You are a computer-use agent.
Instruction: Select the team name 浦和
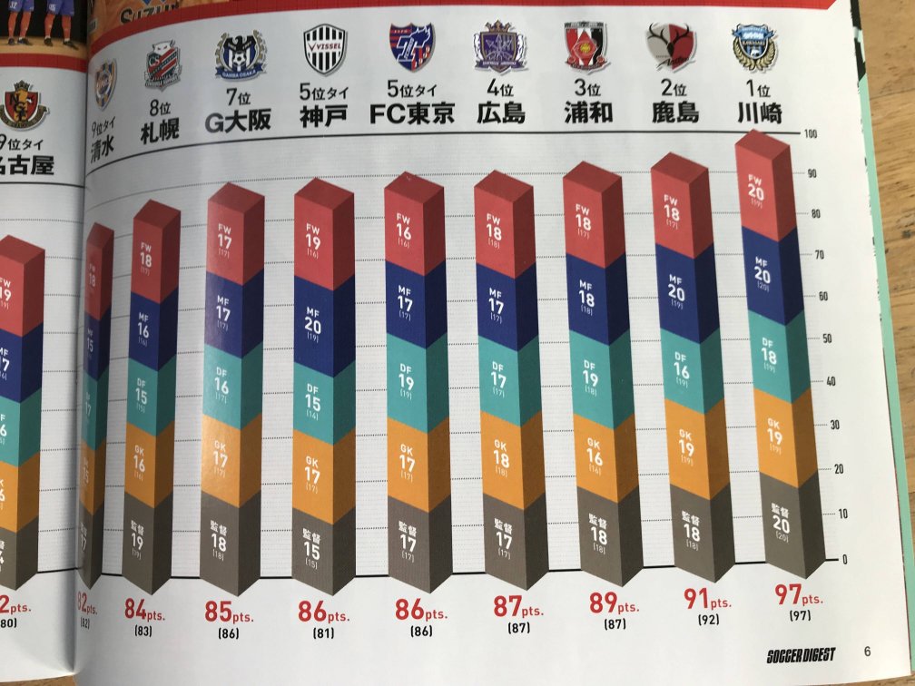coord(586,112)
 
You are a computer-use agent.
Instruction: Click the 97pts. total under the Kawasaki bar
coord(797,596)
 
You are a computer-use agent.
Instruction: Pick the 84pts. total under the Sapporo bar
coord(144,614)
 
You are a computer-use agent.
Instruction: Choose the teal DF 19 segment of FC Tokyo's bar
coord(407,373)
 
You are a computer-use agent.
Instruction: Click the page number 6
coord(867,651)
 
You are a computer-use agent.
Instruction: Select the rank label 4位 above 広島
coord(499,90)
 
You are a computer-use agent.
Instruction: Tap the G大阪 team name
coord(239,119)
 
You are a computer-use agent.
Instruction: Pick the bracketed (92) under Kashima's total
coord(708,620)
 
